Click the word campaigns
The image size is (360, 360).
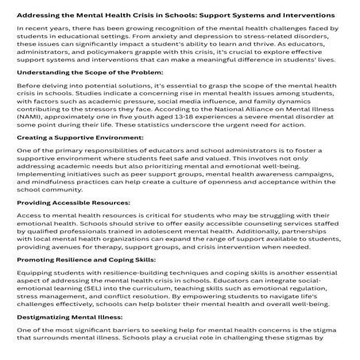pyautogui.click(x=319, y=195)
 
